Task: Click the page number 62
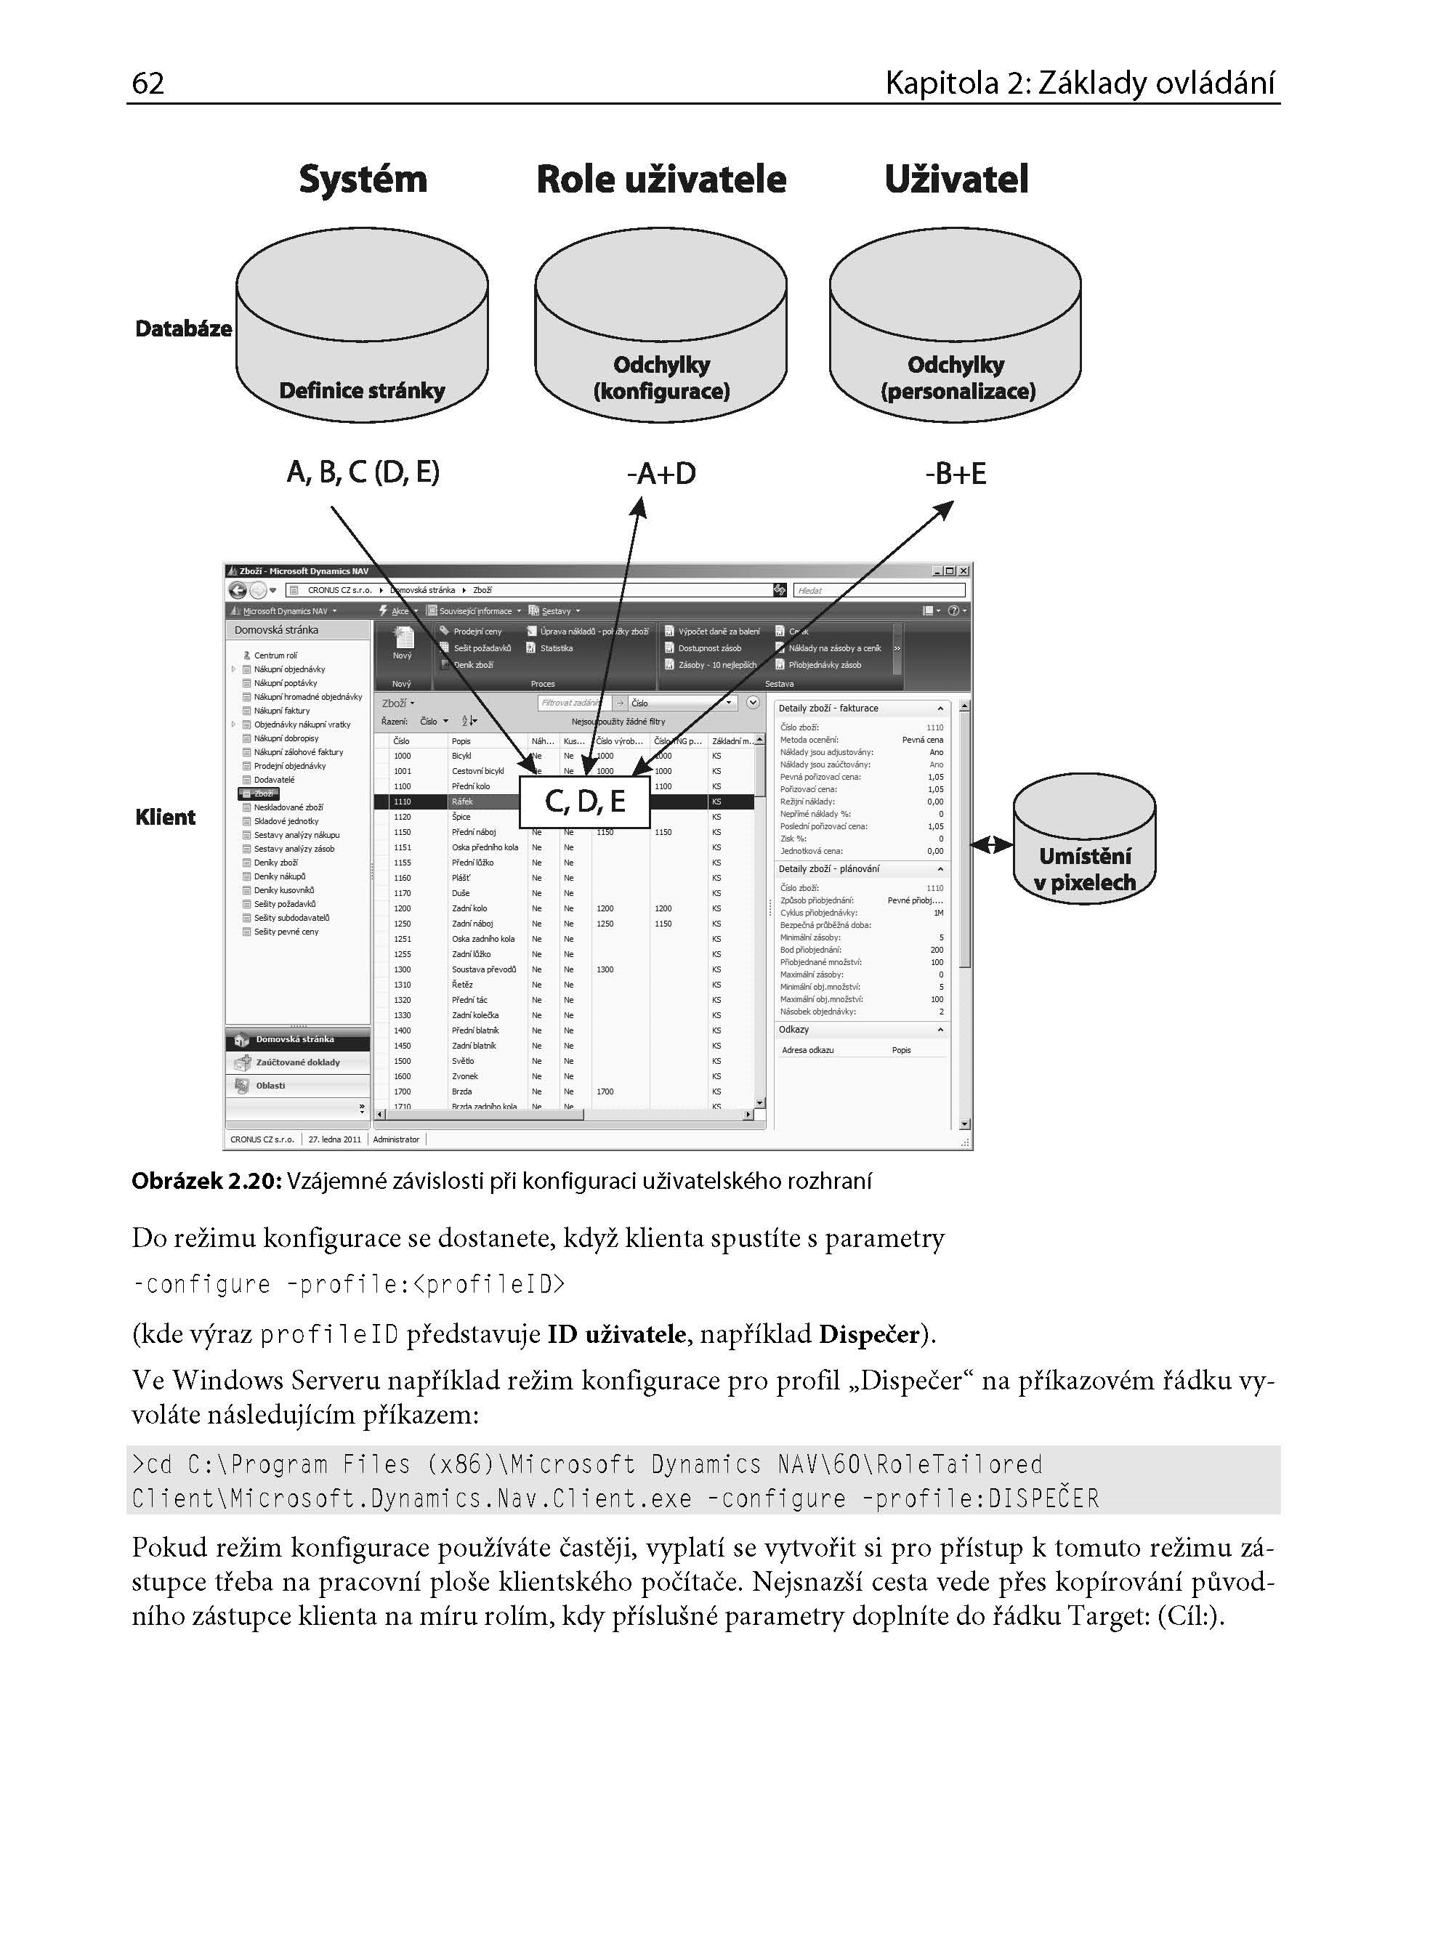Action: (148, 83)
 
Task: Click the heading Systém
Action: (363, 179)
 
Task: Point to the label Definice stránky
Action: (362, 390)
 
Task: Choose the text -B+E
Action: (955, 473)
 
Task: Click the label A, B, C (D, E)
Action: (363, 472)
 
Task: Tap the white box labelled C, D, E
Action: (585, 801)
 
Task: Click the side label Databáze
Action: (183, 329)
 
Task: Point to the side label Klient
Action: (166, 818)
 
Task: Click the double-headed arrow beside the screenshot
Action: (991, 844)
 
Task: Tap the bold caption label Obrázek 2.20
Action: (206, 1182)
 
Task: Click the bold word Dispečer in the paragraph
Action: (869, 1333)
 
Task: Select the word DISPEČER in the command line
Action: (1043, 1499)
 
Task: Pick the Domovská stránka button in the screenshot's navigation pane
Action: (296, 1040)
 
